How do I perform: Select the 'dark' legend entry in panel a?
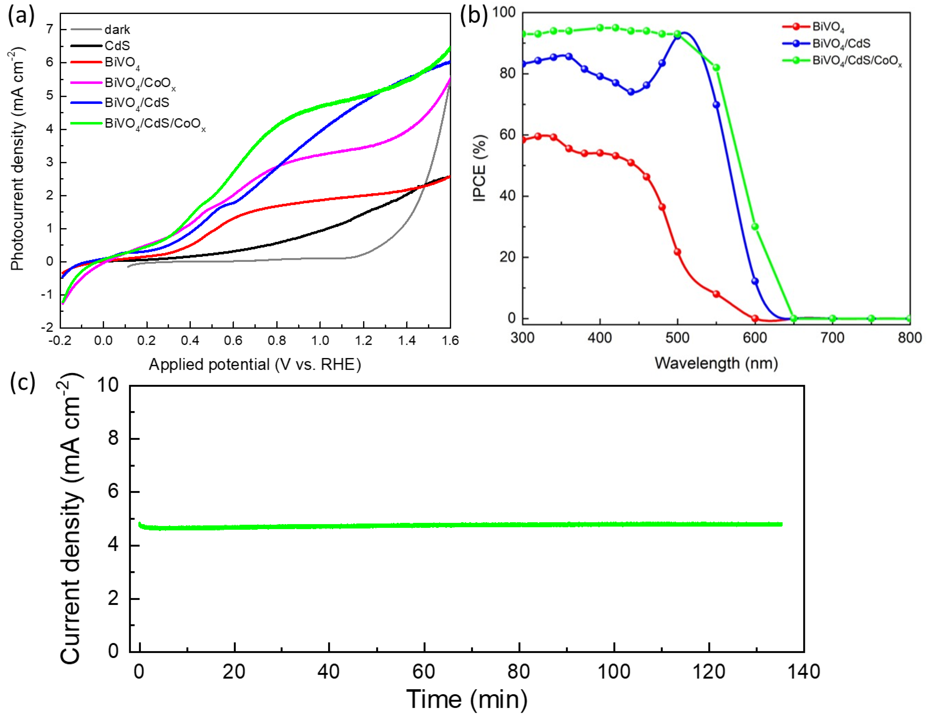click(117, 30)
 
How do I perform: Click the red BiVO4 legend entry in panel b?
click(828, 27)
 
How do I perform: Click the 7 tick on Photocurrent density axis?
click(50, 29)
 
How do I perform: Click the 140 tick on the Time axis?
click(803, 672)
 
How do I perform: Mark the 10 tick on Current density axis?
click(108, 385)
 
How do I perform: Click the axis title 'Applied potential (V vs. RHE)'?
click(255, 364)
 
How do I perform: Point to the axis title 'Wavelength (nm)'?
click(716, 363)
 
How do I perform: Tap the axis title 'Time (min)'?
click(467, 699)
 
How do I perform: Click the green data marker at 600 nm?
click(755, 227)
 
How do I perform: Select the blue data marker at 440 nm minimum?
click(631, 92)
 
